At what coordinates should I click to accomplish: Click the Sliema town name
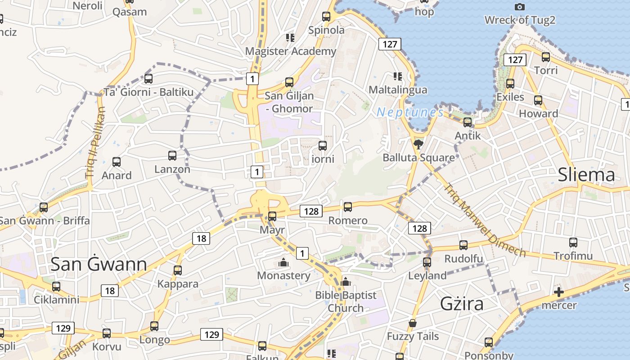pos(586,175)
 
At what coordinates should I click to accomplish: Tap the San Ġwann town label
pos(99,264)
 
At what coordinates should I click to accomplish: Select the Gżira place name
pos(462,304)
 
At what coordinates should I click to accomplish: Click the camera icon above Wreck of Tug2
pos(519,7)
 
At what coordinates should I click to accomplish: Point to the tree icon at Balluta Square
pos(418,144)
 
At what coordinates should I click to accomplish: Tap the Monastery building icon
pos(283,262)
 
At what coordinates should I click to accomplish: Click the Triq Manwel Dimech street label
pos(484,220)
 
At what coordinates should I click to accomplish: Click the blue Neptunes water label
pos(410,112)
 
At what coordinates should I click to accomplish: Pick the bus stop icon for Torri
pos(546,57)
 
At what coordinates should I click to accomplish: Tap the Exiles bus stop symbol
pos(510,84)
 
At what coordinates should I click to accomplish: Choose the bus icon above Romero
pos(348,207)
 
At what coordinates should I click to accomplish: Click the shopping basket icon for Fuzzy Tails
pos(412,323)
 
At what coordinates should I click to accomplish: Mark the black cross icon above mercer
pos(558,292)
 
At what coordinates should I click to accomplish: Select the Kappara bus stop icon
pos(178,270)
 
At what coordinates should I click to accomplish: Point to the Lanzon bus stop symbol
pos(172,156)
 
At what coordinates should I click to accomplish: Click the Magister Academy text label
pos(290,51)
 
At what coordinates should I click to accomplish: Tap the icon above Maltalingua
pos(397,76)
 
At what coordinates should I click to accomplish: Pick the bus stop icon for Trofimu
pos(573,243)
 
